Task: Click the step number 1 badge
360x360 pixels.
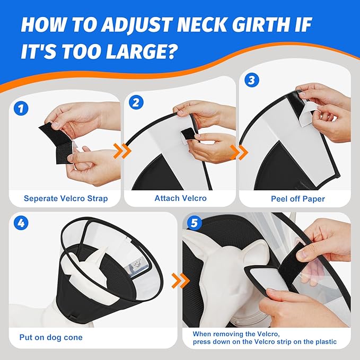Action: click(x=21, y=109)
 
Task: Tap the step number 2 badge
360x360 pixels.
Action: click(x=136, y=102)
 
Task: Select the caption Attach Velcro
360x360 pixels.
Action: click(x=180, y=199)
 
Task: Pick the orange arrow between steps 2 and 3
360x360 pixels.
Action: click(x=242, y=152)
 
